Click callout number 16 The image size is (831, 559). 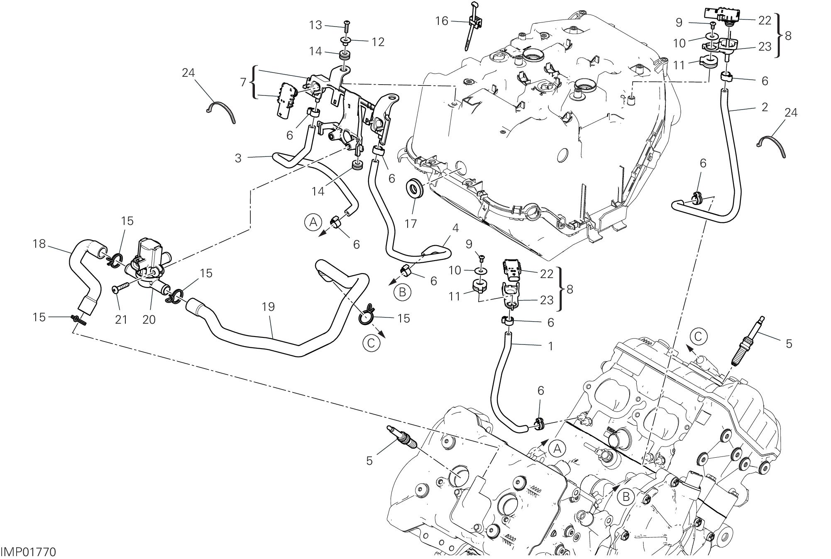pos(442,21)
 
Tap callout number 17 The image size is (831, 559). pos(411,224)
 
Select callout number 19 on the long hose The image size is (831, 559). pos(269,307)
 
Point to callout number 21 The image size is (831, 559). pos(121,320)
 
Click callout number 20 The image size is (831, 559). pos(149,320)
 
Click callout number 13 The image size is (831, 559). pos(316,25)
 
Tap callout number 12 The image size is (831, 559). pos(378,41)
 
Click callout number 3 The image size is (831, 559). pos(238,158)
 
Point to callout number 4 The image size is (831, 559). pos(455,228)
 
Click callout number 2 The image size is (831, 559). pos(765,107)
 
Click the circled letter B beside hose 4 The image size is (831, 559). pos(402,293)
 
